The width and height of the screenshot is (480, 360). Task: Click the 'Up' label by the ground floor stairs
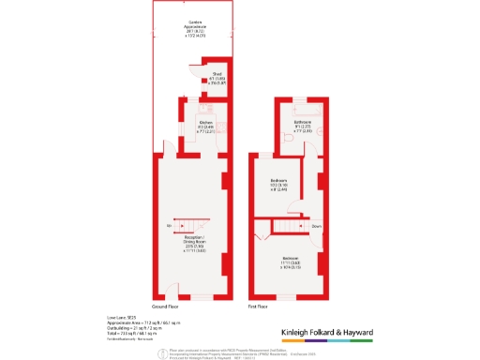169,226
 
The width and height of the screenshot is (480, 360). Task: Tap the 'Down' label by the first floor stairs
317,225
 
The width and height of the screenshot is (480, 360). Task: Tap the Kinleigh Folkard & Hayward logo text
328,333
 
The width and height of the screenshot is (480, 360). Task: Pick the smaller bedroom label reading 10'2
279,184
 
